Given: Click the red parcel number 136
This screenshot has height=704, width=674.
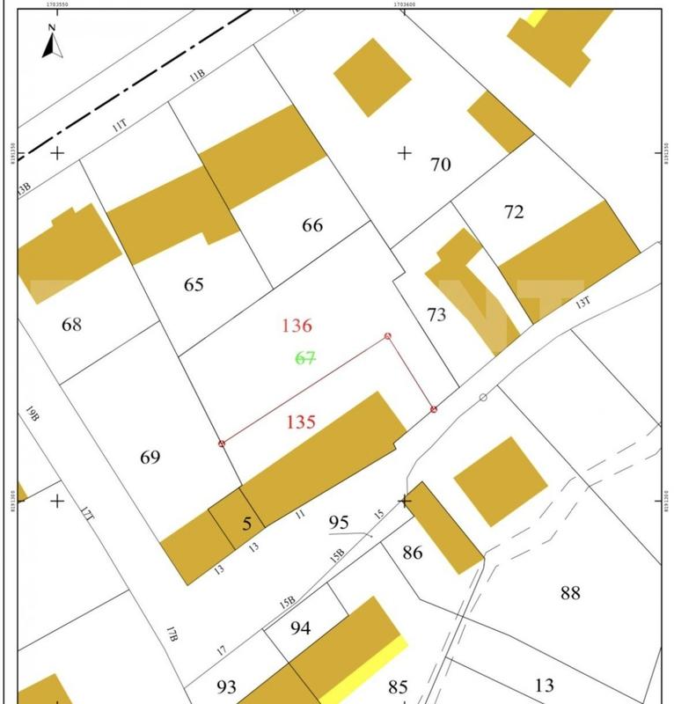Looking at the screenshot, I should [297, 326].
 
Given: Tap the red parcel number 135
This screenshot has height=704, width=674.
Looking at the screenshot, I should [301, 422].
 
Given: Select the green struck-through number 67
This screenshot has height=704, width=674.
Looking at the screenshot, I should [305, 358].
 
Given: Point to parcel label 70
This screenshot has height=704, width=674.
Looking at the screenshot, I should [440, 165].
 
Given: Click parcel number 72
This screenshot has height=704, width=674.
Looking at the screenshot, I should [514, 212].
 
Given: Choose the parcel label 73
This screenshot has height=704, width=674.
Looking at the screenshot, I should [436, 315].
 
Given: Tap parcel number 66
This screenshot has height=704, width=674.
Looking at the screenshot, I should [312, 225].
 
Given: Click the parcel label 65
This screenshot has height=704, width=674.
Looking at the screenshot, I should [194, 285].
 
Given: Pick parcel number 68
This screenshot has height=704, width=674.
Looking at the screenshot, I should [71, 325].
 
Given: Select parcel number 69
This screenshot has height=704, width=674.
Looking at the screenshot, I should [150, 458].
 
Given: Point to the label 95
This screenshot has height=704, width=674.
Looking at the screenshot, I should [339, 523].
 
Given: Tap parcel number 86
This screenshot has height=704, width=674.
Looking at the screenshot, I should [413, 554].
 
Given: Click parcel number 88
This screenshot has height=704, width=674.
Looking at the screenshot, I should [570, 592].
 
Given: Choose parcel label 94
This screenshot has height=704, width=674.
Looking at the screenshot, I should [300, 628].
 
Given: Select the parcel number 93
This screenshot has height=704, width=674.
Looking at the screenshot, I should [226, 686].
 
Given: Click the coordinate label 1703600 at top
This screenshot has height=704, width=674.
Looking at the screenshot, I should [404, 4].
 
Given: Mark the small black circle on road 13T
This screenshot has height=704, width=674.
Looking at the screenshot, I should [483, 398].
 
